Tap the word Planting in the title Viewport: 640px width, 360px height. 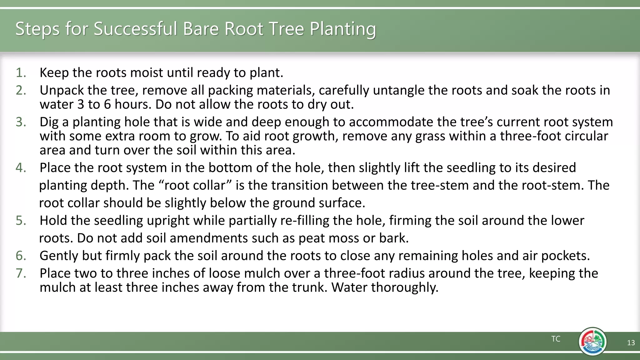[343, 29]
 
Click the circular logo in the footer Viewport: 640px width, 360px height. [592, 342]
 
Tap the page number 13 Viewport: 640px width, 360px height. [631, 343]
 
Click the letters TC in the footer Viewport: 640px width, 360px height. [556, 339]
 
